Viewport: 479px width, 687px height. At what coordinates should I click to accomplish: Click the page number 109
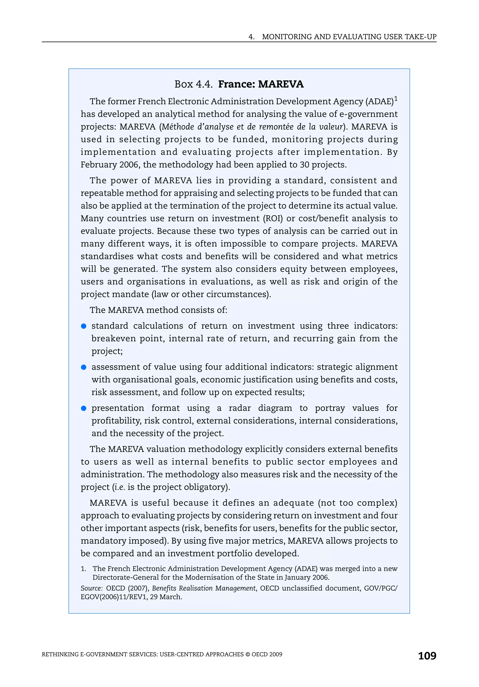(427, 656)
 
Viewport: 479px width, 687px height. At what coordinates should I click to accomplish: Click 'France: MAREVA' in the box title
(261, 84)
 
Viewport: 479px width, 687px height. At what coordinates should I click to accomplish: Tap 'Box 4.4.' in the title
(193, 84)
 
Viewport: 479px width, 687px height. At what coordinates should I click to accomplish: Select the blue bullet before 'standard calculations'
(84, 326)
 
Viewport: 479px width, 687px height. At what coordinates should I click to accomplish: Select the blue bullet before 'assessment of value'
(84, 367)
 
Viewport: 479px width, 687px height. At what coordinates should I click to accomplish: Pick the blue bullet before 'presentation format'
(84, 408)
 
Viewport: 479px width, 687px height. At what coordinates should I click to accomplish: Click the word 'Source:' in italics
(91, 588)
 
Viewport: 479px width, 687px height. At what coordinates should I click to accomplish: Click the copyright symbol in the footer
(247, 654)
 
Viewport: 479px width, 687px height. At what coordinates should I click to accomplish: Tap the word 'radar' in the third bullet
(240, 408)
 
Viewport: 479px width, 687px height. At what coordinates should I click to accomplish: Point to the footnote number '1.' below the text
(83, 569)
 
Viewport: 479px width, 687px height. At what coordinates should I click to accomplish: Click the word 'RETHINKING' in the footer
(60, 654)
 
